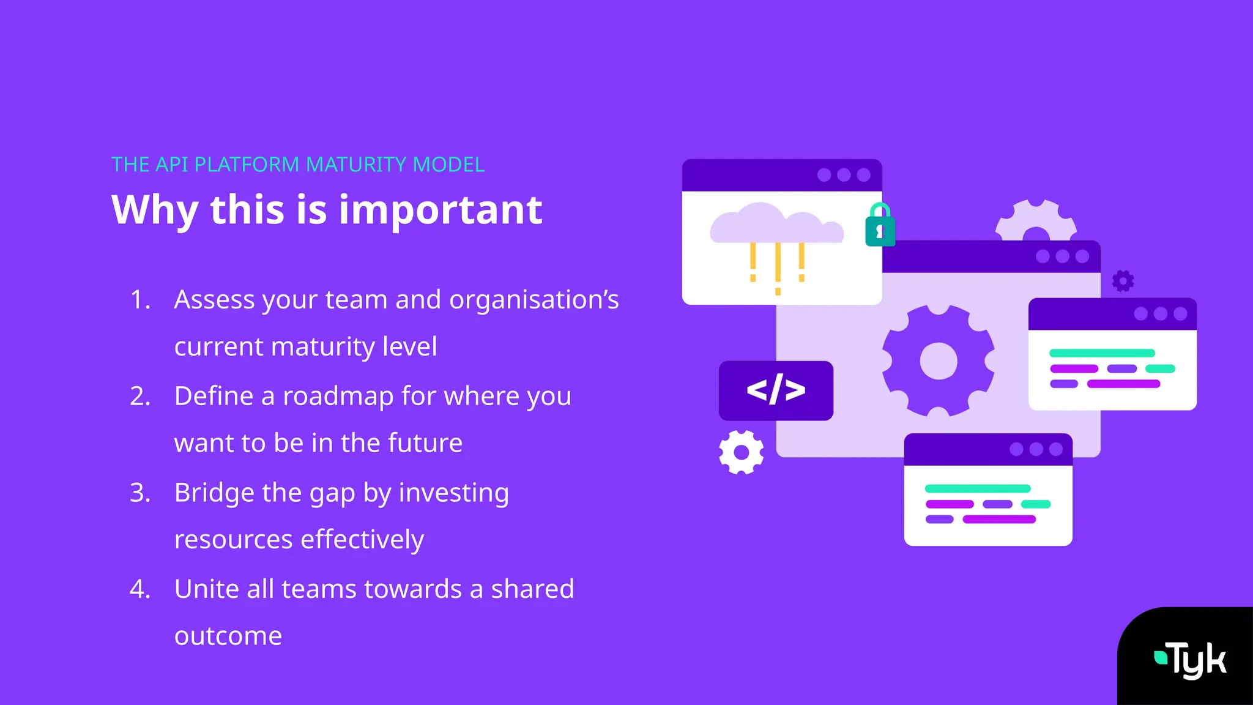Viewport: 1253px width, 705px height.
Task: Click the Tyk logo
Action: click(x=1190, y=660)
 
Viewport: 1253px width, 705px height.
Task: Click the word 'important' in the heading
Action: click(x=441, y=210)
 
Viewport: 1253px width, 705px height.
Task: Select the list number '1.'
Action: click(x=140, y=300)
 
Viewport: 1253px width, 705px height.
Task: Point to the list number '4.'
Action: click(x=140, y=589)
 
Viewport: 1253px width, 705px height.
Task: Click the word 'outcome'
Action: click(x=228, y=636)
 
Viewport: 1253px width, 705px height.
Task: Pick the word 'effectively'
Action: click(x=362, y=540)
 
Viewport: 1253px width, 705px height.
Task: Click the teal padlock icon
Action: click(x=880, y=226)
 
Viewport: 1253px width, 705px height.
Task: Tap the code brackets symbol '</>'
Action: click(x=776, y=390)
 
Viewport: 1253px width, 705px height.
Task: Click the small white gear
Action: click(x=742, y=452)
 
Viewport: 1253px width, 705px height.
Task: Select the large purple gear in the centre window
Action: click(x=938, y=361)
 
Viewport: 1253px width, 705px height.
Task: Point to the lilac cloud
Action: click(x=776, y=225)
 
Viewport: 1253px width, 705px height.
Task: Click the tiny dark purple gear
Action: click(x=1123, y=281)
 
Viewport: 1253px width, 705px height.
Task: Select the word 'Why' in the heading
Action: click(x=155, y=210)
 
